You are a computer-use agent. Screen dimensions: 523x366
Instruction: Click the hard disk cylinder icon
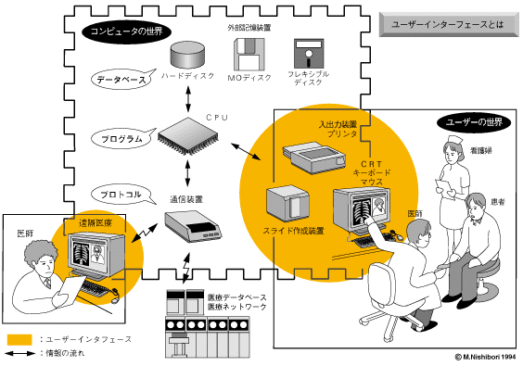[187, 55]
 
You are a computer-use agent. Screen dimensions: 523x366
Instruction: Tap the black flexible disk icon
[309, 54]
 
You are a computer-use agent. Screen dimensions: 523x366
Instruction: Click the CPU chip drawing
[188, 136]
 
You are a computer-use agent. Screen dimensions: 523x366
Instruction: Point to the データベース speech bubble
[122, 80]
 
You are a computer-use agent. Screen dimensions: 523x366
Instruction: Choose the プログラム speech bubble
[122, 138]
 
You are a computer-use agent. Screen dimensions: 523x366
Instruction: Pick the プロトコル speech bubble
[122, 195]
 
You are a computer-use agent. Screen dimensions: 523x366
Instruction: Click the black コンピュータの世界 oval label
[126, 32]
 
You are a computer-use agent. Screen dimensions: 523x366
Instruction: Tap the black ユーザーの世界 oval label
[474, 122]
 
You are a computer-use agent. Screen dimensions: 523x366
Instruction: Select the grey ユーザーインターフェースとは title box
[449, 24]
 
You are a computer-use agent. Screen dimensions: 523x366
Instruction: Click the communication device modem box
[193, 226]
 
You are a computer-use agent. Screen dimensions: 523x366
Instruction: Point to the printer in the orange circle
[313, 158]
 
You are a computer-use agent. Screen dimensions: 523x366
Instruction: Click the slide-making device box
[287, 204]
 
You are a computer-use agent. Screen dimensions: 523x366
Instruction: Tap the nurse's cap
[455, 140]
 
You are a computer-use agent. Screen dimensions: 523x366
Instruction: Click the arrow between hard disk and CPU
[188, 99]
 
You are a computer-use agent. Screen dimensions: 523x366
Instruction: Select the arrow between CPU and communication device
[188, 173]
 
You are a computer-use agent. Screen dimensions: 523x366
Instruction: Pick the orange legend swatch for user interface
[19, 340]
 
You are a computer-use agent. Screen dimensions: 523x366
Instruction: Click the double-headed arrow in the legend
[20, 353]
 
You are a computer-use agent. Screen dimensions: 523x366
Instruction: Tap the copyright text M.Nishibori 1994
[485, 357]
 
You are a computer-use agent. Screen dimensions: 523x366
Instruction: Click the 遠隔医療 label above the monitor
[96, 223]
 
